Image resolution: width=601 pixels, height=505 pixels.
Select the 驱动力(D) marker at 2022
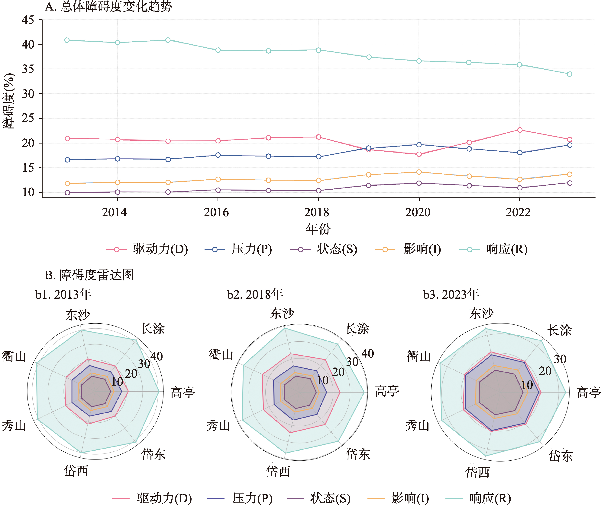coord(519,130)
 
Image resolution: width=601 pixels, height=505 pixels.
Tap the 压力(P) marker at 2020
coord(419,145)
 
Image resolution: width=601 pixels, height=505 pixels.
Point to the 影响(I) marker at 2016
coord(218,179)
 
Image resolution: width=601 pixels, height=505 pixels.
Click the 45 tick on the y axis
coord(28,20)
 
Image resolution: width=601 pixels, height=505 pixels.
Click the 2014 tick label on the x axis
coord(114,212)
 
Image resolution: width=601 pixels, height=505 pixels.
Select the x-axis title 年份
coord(318,229)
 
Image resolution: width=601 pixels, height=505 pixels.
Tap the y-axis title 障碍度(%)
coord(9,101)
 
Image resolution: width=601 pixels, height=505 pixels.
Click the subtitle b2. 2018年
coord(255,294)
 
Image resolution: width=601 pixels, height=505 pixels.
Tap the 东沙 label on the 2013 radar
coord(77,315)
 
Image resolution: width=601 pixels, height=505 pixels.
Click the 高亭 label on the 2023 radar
coord(588,392)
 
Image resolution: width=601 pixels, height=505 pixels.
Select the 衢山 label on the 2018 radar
coord(221,355)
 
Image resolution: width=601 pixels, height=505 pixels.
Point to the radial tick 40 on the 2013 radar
coord(157,356)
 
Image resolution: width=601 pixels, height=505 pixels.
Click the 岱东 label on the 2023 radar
coord(561,456)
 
